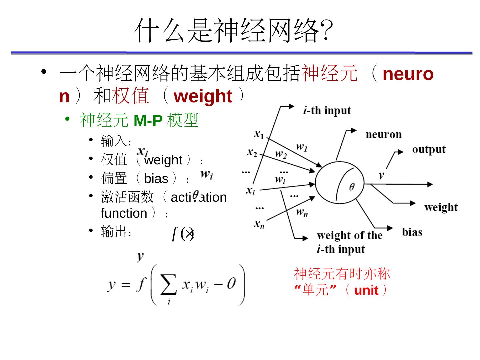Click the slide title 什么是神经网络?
click(233, 31)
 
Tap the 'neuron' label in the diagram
click(384, 134)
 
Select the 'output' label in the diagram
click(429, 149)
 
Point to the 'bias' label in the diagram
click(412, 232)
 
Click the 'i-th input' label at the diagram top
click(327, 110)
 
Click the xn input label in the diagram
click(259, 224)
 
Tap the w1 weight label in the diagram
click(302, 147)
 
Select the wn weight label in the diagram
click(302, 212)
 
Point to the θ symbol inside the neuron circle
click(352, 187)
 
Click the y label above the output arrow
click(382, 175)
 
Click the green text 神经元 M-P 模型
click(139, 120)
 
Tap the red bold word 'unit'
click(366, 290)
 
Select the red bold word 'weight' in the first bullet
click(203, 96)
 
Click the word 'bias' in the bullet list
click(156, 179)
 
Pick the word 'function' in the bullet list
click(124, 213)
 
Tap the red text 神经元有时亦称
click(342, 274)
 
